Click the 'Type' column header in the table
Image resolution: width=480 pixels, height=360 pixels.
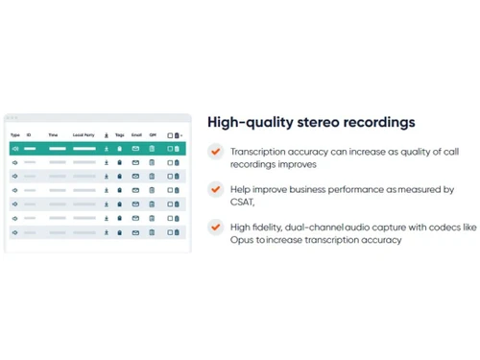click(x=14, y=135)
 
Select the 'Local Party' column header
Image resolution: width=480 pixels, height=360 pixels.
click(x=84, y=135)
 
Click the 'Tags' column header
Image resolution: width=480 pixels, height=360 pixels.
click(x=120, y=135)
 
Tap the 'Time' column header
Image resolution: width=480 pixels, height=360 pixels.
click(x=53, y=135)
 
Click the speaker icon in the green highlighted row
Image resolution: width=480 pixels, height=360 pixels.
click(x=14, y=149)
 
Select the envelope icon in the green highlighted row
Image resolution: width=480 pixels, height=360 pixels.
click(x=135, y=149)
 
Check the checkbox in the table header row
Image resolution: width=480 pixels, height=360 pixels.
click(x=170, y=135)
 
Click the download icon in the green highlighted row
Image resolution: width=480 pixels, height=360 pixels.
click(x=106, y=149)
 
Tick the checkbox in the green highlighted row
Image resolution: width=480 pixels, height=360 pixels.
click(x=170, y=149)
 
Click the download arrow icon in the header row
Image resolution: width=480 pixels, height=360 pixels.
click(x=106, y=135)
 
